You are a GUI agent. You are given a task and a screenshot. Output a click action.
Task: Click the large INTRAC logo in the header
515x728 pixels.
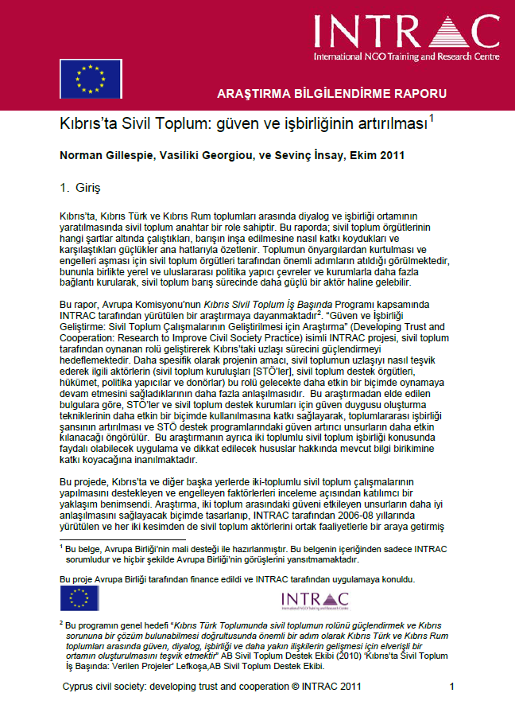click(x=406, y=32)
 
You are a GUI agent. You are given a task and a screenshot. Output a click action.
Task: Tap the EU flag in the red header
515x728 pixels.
click(x=87, y=78)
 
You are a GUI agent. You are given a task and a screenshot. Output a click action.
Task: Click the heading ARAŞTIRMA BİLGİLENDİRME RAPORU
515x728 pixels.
click(x=332, y=93)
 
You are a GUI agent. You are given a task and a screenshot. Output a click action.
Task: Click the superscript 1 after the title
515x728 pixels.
click(x=432, y=120)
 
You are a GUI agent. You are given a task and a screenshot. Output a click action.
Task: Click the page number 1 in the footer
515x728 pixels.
click(x=451, y=685)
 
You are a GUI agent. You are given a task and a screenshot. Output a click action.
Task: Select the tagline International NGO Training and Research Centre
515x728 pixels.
click(x=406, y=58)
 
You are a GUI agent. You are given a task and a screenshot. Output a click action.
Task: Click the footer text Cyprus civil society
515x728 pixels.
click(x=109, y=685)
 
